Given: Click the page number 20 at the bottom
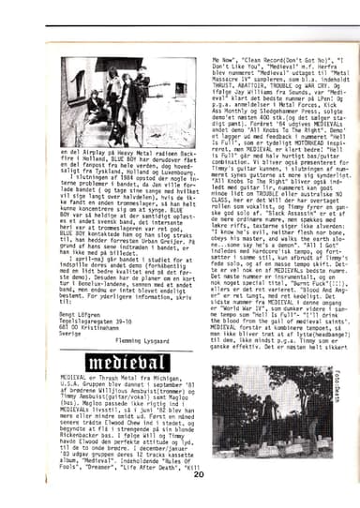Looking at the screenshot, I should (x=198, y=473).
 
